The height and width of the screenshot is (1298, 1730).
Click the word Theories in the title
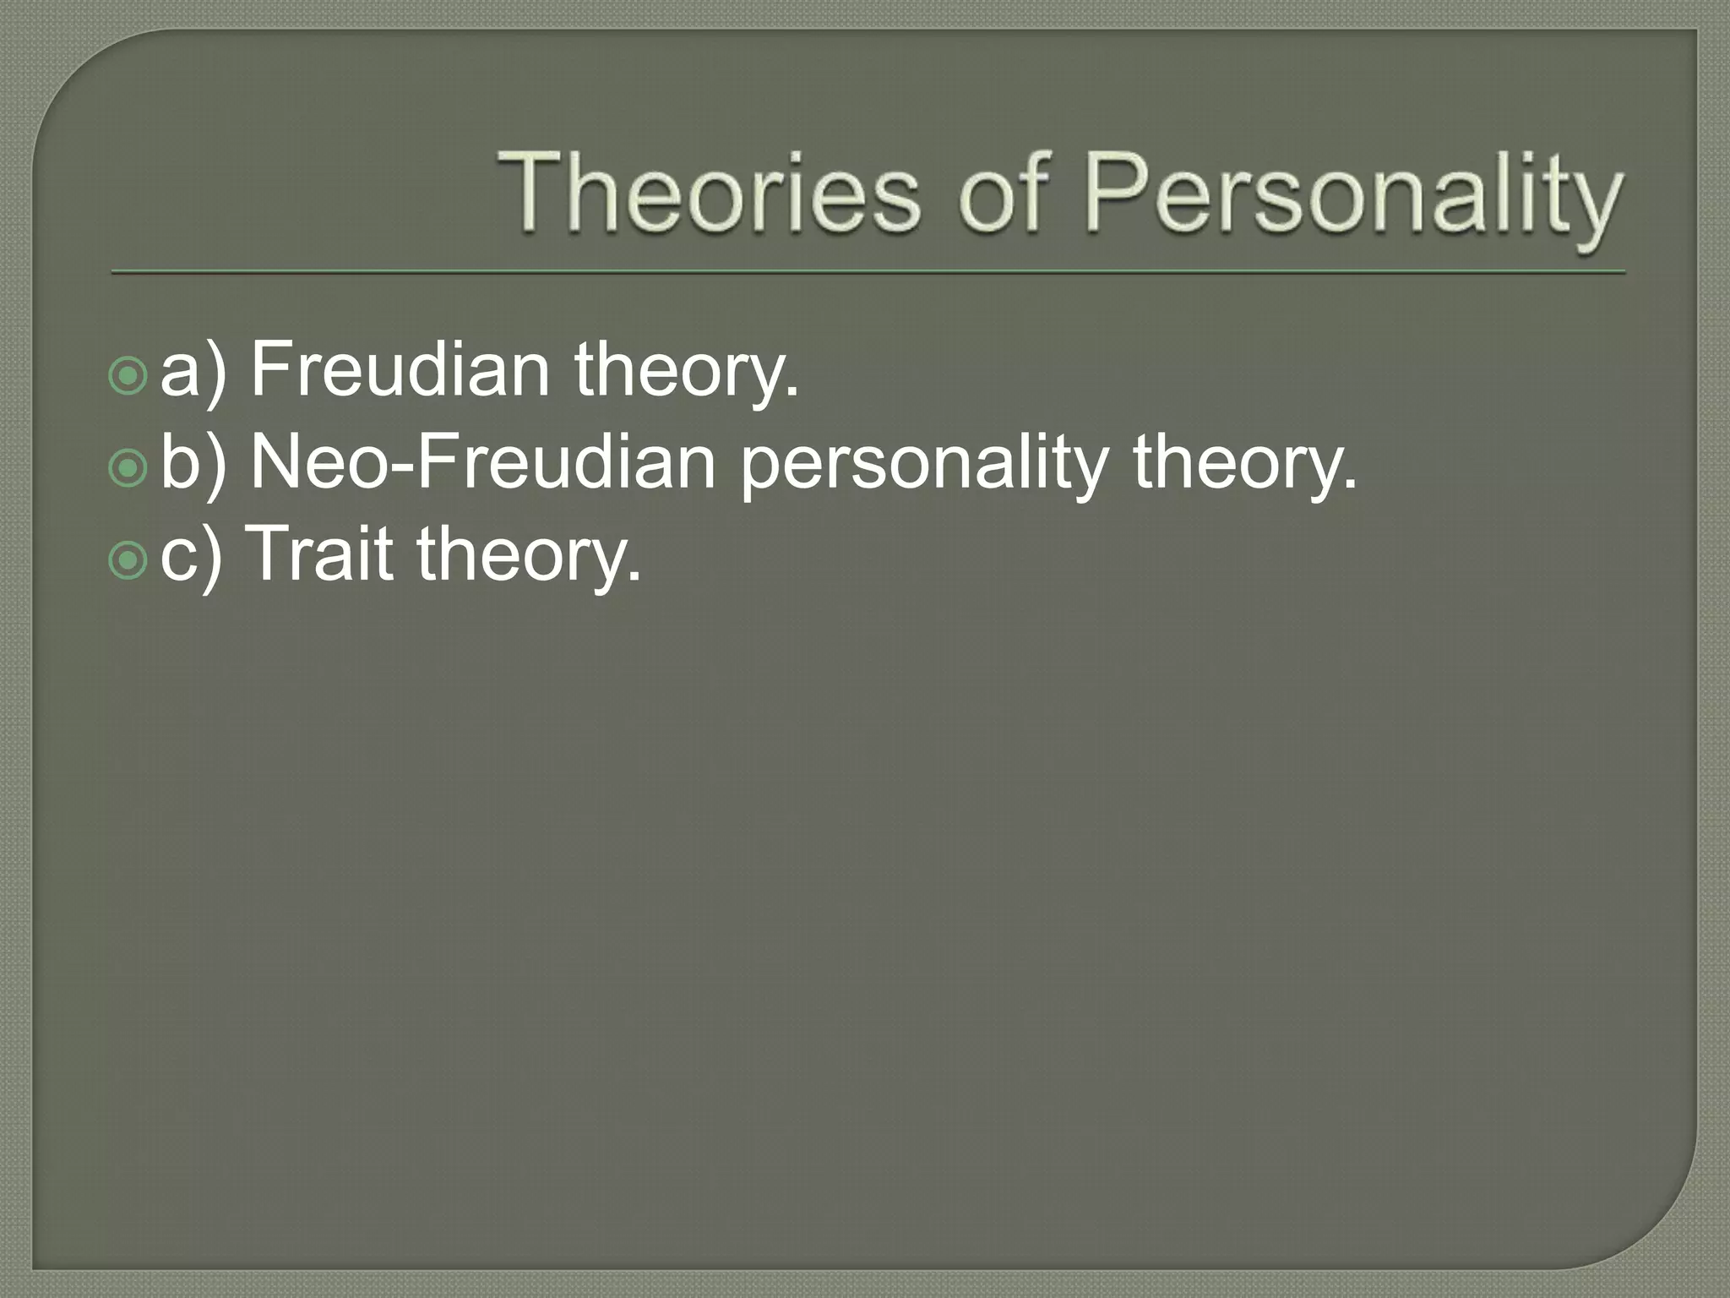(708, 193)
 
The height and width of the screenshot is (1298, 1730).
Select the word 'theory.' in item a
(686, 374)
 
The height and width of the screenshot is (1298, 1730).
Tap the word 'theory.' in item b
(1244, 466)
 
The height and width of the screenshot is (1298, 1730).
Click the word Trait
(321, 554)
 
